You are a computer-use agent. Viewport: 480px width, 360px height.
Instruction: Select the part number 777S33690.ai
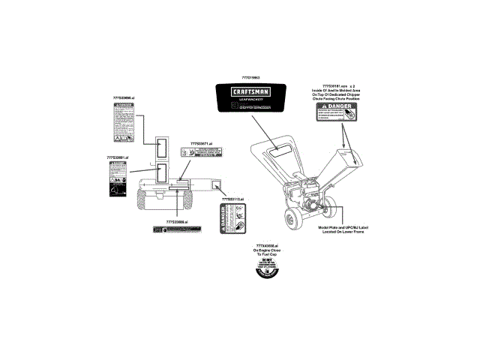point(123,98)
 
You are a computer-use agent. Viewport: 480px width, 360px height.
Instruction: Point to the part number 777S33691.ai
point(118,157)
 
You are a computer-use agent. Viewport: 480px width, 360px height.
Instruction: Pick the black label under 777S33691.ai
point(114,181)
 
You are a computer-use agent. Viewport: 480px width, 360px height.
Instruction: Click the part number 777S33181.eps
point(335,86)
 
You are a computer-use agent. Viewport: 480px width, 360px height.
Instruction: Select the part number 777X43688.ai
point(266,246)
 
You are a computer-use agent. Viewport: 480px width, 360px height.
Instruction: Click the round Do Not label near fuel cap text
point(266,270)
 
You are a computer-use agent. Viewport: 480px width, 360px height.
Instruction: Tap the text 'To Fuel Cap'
point(266,255)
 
